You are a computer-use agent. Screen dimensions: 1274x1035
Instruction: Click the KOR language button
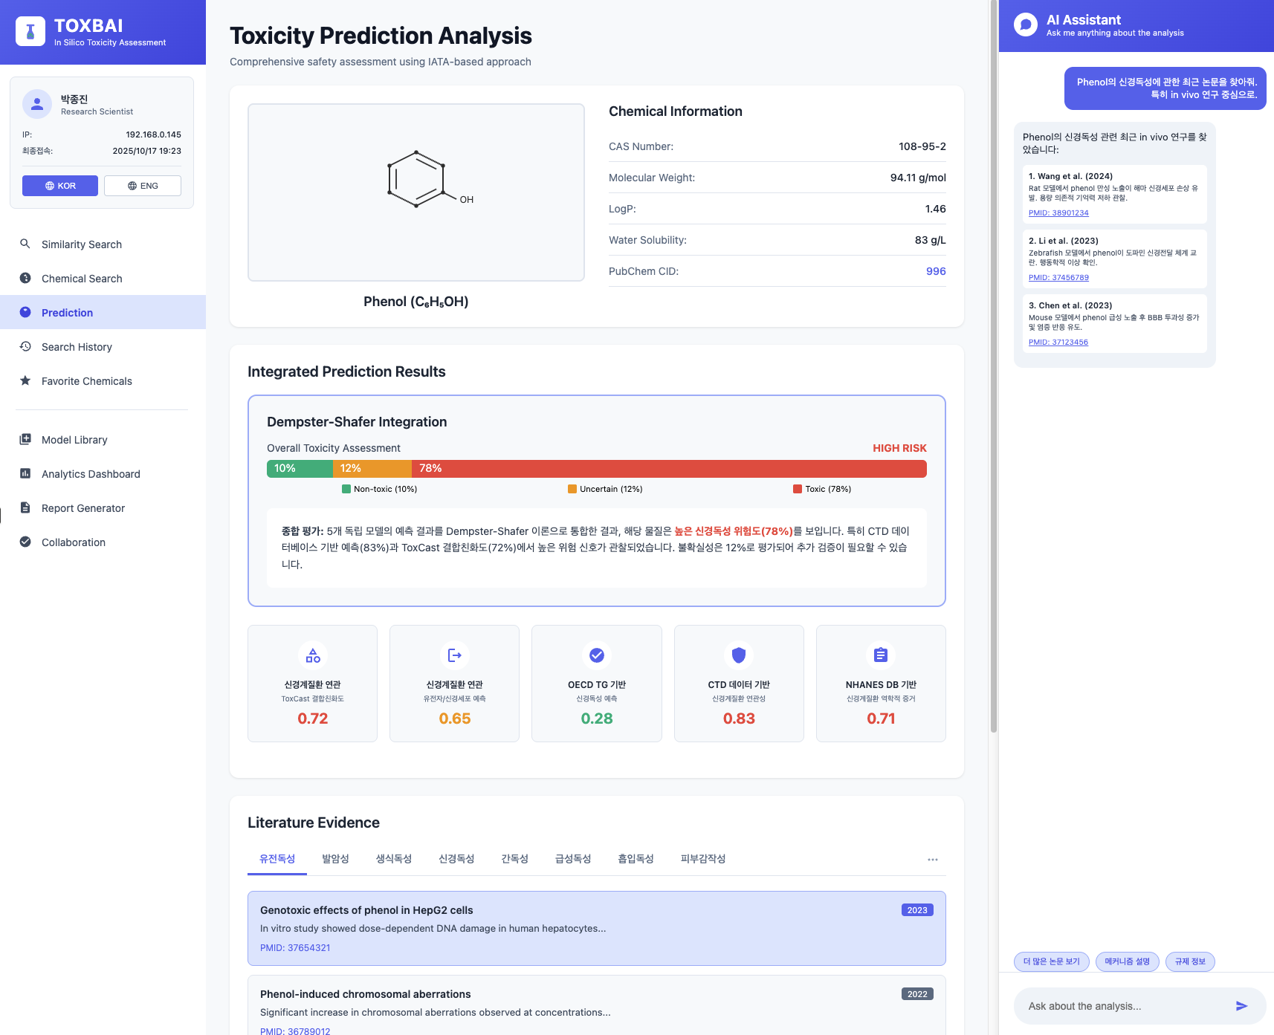pyautogui.click(x=60, y=186)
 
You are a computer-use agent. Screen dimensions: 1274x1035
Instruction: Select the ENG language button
pyautogui.click(x=143, y=186)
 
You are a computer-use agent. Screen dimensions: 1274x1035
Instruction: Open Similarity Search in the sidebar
pyautogui.click(x=82, y=244)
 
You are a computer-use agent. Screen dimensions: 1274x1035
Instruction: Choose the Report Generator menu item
pyautogui.click(x=83, y=508)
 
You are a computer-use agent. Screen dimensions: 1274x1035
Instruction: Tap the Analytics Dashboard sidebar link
pyautogui.click(x=91, y=474)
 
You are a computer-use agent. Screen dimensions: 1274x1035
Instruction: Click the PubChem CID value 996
pyautogui.click(x=936, y=271)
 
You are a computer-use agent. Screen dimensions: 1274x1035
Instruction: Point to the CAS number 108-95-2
pyautogui.click(x=922, y=146)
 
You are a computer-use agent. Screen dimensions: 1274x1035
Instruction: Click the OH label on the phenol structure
pyautogui.click(x=467, y=199)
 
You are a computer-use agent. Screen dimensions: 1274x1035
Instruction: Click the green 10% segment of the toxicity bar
pyautogui.click(x=300, y=468)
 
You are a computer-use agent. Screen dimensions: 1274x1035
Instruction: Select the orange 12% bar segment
pyautogui.click(x=372, y=468)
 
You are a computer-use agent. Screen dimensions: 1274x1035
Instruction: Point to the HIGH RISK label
pyautogui.click(x=899, y=448)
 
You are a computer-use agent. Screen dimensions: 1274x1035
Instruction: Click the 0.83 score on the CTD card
pyautogui.click(x=739, y=718)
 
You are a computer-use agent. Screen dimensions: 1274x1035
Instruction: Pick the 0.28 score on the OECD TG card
pyautogui.click(x=597, y=718)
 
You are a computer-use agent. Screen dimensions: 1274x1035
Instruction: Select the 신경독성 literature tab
pyautogui.click(x=456, y=859)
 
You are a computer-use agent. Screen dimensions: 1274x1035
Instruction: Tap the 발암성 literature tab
pyautogui.click(x=335, y=859)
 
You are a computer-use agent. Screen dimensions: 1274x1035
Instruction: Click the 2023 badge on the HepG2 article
pyautogui.click(x=917, y=910)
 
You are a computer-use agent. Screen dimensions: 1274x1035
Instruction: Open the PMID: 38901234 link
pyautogui.click(x=1058, y=213)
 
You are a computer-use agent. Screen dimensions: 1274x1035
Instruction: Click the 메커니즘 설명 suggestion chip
pyautogui.click(x=1127, y=961)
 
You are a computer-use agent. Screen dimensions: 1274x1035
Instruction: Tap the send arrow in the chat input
pyautogui.click(x=1241, y=1006)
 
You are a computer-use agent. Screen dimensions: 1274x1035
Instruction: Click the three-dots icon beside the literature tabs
pyautogui.click(x=933, y=860)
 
